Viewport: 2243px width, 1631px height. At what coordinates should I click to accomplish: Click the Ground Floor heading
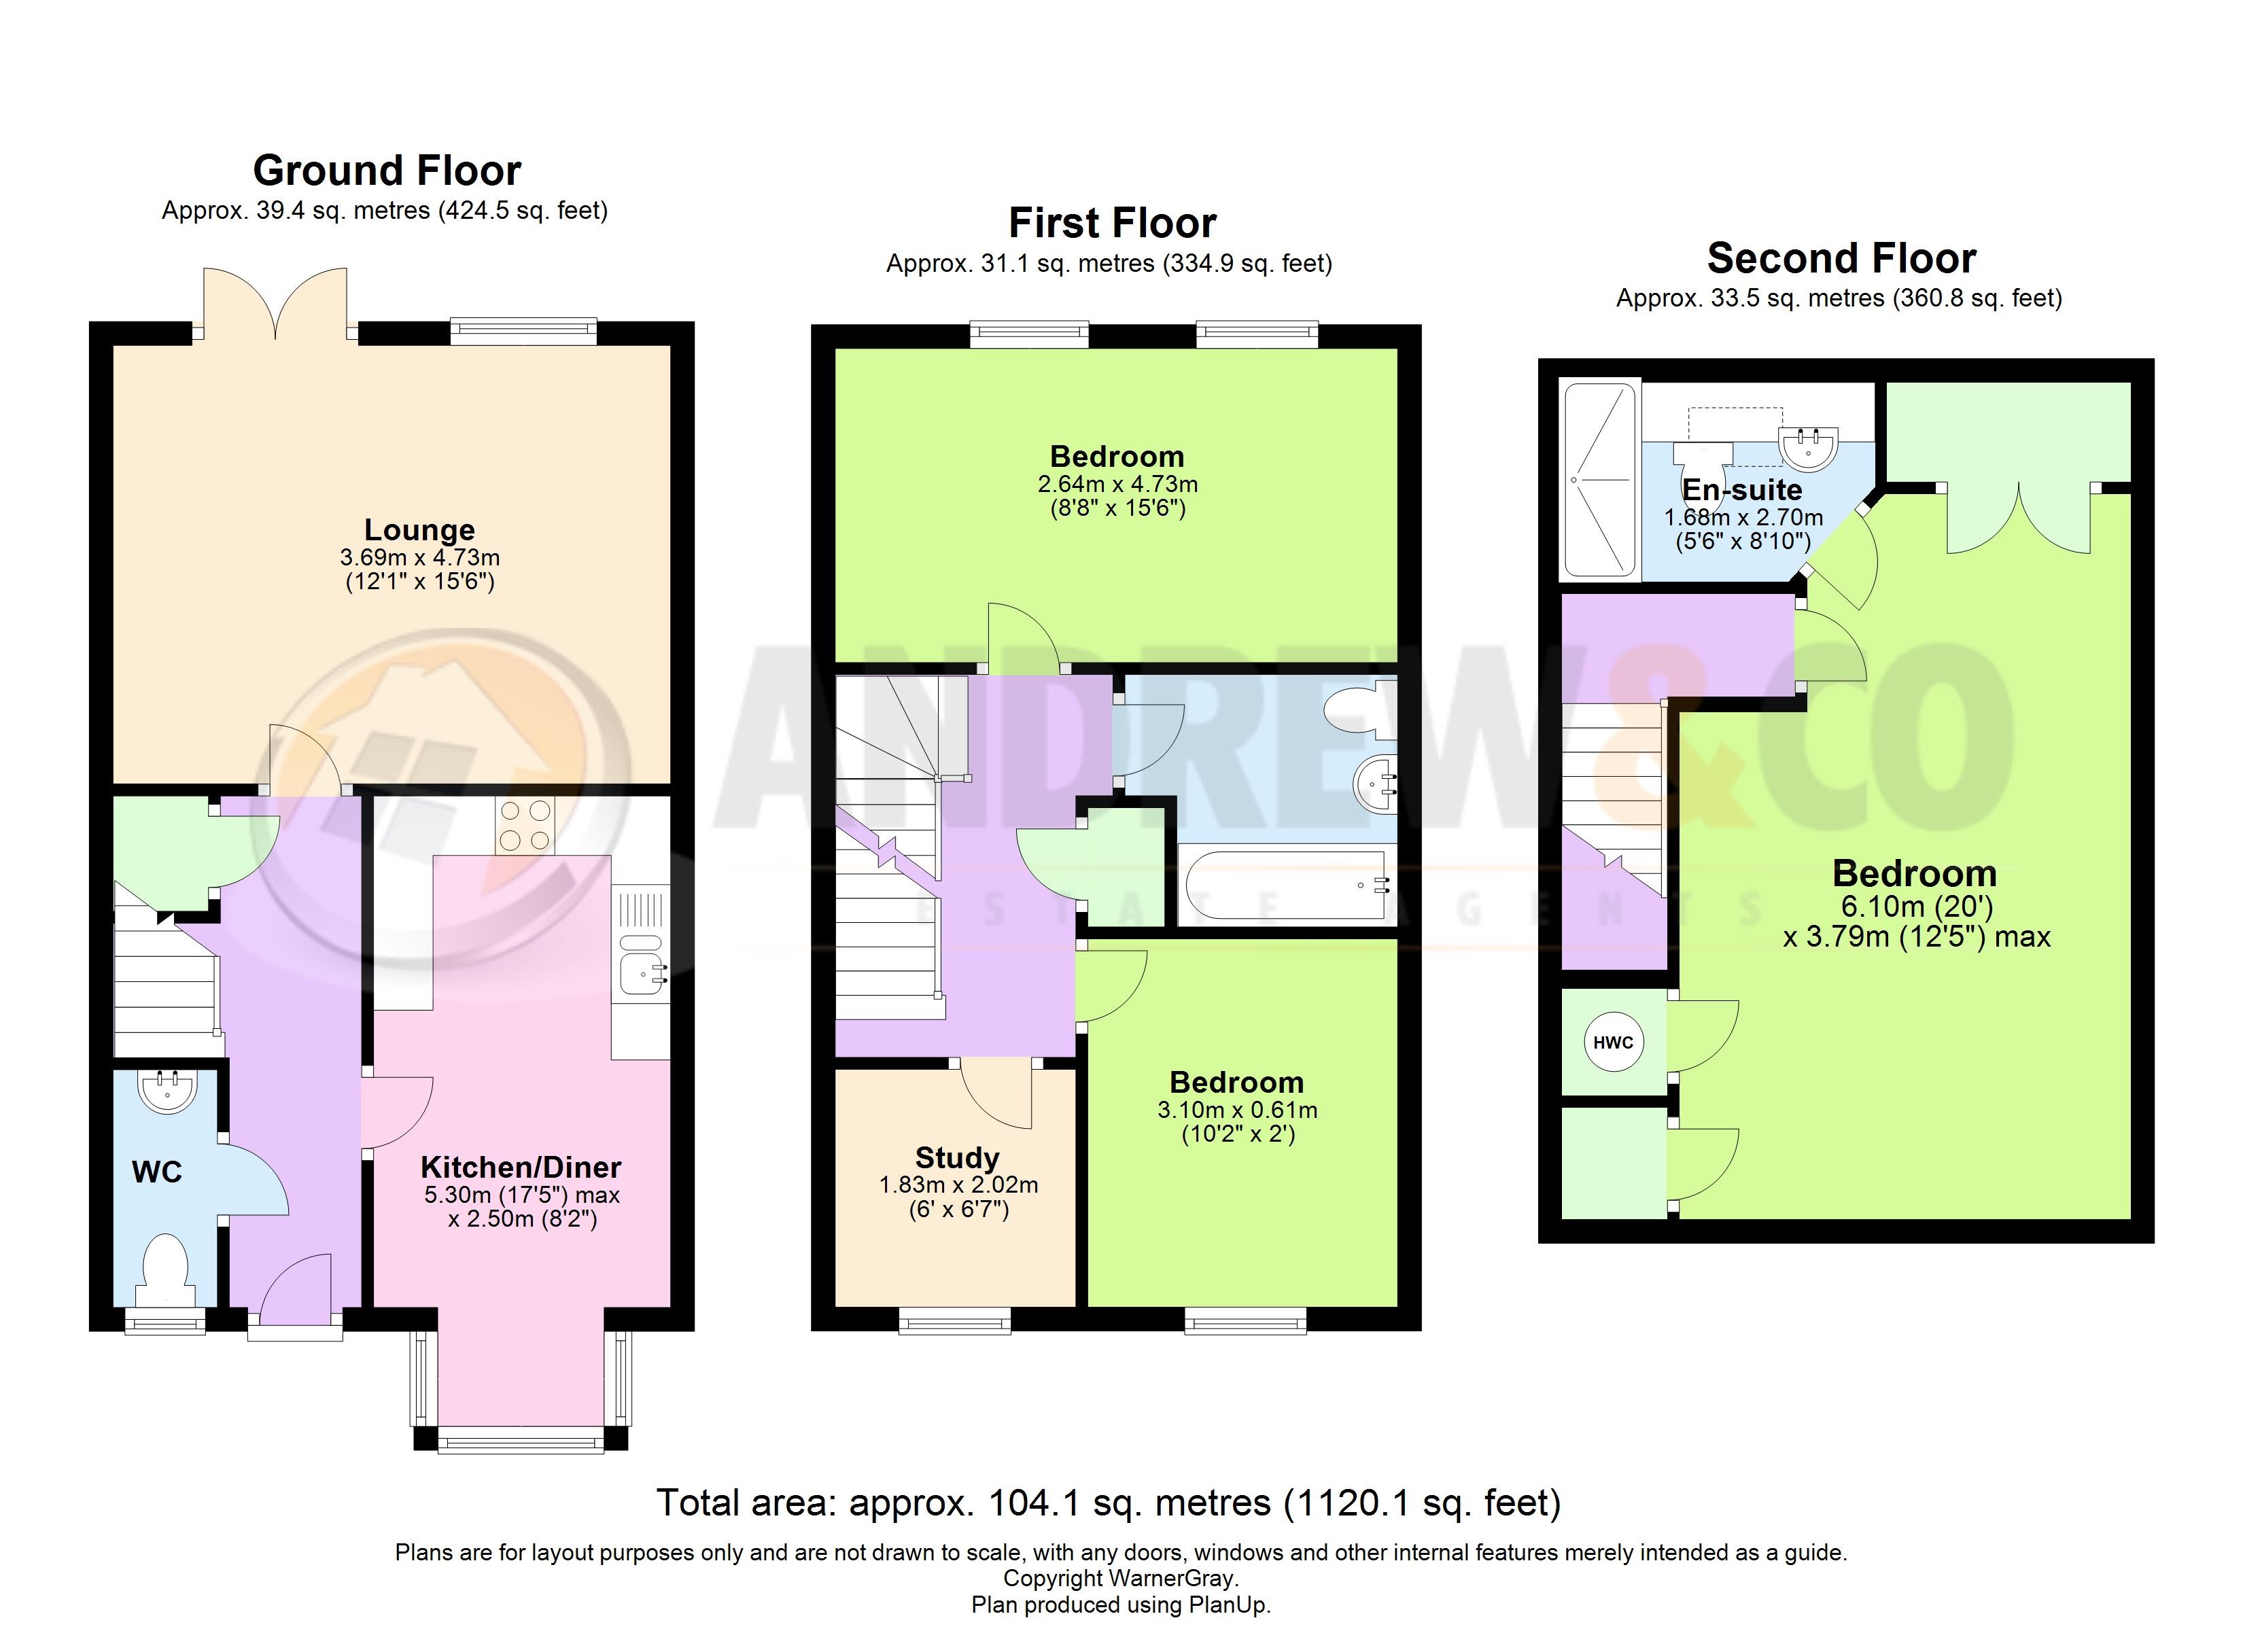(x=387, y=170)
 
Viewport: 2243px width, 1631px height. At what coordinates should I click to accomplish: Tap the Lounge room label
(x=419, y=530)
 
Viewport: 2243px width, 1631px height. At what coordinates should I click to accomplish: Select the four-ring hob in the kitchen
(x=525, y=826)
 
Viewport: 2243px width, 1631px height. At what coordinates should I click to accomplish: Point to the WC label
(x=157, y=1172)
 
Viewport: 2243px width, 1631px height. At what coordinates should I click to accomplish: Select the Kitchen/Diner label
(x=521, y=1166)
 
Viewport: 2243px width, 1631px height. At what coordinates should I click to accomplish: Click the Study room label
(x=957, y=1157)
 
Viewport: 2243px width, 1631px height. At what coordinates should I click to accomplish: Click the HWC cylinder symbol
(x=1614, y=1042)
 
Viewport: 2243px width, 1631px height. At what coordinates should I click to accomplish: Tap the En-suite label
(x=1743, y=489)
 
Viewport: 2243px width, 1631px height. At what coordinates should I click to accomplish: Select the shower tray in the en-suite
(x=1600, y=480)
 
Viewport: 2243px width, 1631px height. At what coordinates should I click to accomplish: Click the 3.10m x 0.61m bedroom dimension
(x=1237, y=1110)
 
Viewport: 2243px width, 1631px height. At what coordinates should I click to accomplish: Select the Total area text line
(x=1109, y=1503)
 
